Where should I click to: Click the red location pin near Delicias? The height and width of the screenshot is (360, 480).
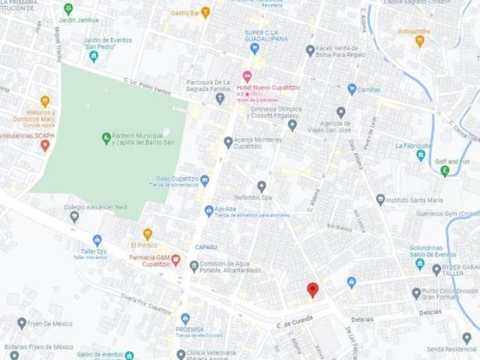click(x=313, y=289)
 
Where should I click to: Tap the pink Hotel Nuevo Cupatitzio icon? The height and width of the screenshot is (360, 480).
click(x=247, y=76)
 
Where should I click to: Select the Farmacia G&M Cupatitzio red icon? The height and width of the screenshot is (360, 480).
click(x=175, y=260)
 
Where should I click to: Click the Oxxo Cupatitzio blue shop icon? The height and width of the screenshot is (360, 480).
click(x=205, y=180)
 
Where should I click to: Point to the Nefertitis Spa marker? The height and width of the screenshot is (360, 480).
click(x=262, y=186)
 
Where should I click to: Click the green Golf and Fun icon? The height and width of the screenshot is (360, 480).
click(x=445, y=172)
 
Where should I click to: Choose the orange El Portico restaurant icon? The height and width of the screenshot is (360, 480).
click(x=147, y=234)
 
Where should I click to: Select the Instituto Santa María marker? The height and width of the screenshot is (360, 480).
click(x=380, y=199)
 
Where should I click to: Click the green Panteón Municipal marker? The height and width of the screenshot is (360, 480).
click(x=106, y=138)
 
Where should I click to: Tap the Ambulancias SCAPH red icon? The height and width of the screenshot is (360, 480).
click(x=45, y=144)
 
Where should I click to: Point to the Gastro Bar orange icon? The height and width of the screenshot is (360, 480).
click(x=205, y=12)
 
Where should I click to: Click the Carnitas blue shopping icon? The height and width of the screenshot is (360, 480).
click(x=351, y=89)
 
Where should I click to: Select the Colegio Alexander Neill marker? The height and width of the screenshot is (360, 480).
click(x=74, y=217)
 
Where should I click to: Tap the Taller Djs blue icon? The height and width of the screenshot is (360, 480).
click(x=97, y=240)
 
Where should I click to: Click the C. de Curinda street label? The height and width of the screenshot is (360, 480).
click(x=293, y=324)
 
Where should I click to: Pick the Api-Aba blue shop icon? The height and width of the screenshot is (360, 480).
click(x=208, y=211)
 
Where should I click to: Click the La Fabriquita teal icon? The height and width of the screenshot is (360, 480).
click(x=421, y=155)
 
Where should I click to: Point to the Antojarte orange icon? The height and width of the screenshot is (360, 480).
click(x=419, y=40)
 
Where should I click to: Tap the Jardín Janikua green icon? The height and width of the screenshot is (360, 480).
click(x=68, y=9)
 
